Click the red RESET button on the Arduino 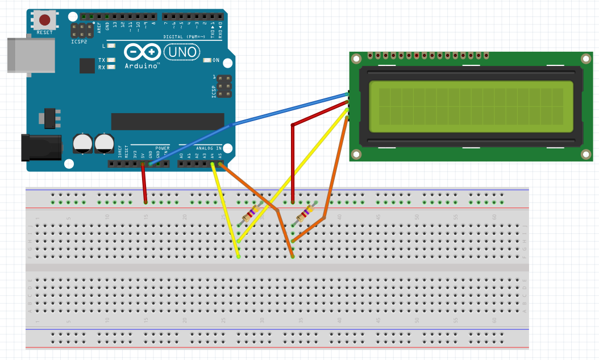pyautogui.click(x=44, y=21)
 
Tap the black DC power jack pyautogui.click(x=41, y=147)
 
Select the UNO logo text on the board pyautogui.click(x=182, y=53)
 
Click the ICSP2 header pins pyautogui.click(x=82, y=30)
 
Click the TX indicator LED pyautogui.click(x=111, y=60)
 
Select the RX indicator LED pyautogui.click(x=111, y=67)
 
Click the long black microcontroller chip pyautogui.click(x=168, y=121)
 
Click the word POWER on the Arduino pyautogui.click(x=162, y=148)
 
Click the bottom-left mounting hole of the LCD pyautogui.click(x=356, y=154)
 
